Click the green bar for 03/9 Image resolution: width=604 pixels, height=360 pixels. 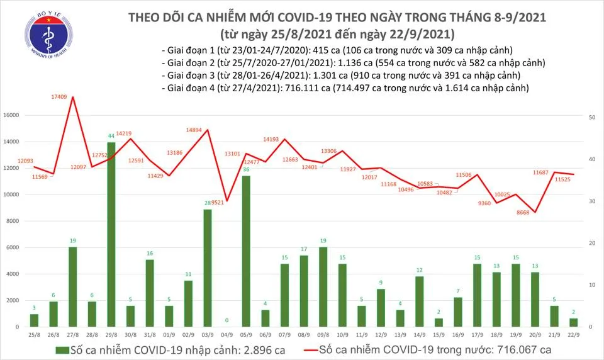pos(208,267)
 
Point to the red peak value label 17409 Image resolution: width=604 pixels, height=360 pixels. pos(60,96)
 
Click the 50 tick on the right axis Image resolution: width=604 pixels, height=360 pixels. pos(592,118)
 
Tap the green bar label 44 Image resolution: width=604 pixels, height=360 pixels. pos(111,136)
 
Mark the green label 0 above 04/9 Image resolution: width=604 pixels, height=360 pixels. pos(227,320)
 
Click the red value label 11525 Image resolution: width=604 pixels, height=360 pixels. pos(567,180)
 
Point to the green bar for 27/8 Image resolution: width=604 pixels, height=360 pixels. pos(72,286)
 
